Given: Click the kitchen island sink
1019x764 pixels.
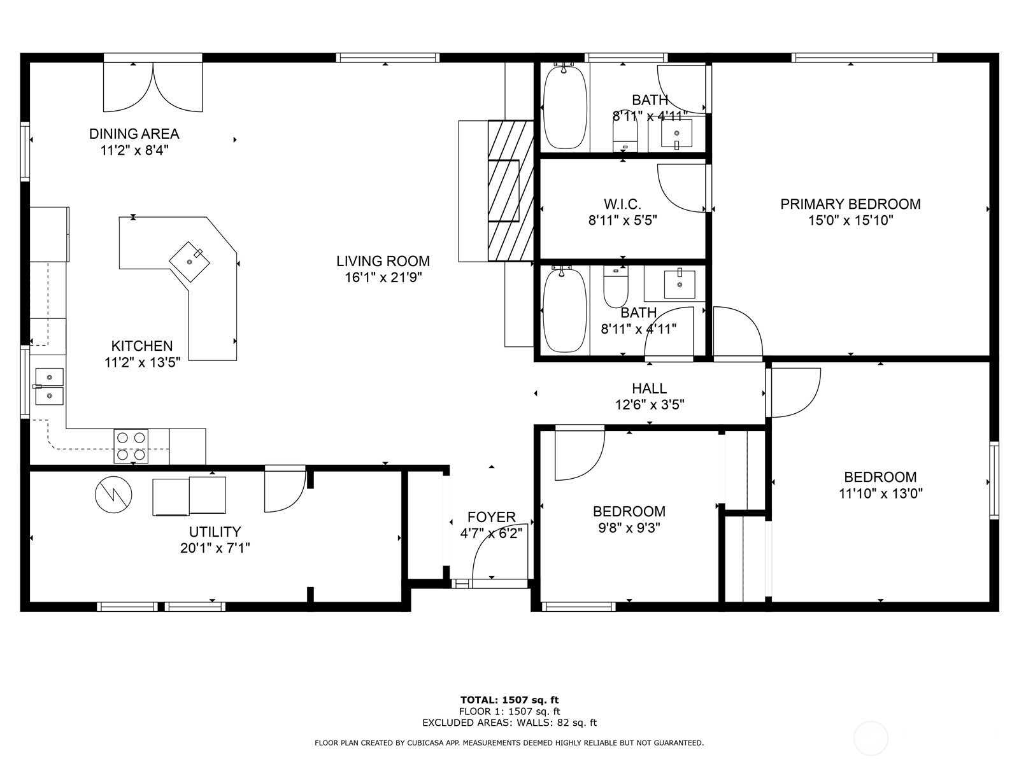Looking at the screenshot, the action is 189,262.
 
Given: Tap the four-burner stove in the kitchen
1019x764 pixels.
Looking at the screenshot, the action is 131,446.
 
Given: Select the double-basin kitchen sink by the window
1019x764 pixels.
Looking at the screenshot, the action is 49,386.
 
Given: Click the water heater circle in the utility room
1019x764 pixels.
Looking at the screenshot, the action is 114,495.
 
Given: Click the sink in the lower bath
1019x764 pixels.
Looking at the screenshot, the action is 680,284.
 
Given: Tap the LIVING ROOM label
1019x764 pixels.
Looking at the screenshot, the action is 383,260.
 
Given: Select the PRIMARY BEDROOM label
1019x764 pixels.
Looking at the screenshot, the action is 850,204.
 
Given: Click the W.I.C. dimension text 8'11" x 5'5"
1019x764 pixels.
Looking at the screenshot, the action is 622,220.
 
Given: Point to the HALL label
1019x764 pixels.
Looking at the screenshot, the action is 650,388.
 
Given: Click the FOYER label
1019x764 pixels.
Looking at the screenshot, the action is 491,517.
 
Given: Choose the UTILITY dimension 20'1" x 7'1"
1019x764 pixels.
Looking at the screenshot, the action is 215,548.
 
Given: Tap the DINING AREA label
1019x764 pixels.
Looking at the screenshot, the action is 134,134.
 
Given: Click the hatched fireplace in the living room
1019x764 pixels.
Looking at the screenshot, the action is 511,190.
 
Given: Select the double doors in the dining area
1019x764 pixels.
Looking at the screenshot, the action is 153,86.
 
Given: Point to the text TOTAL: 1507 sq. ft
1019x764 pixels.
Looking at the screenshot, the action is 509,700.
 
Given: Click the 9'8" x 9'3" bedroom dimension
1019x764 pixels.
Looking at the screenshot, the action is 629,527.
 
